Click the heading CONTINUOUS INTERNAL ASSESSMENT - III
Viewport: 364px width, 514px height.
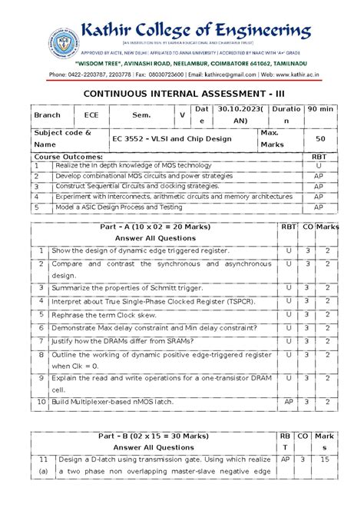click(181, 92)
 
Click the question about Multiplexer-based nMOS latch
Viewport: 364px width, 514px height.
click(117, 402)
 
